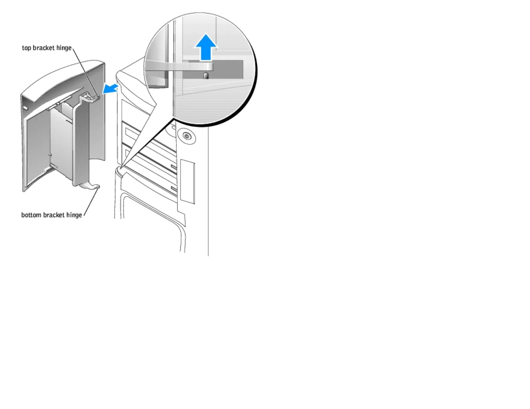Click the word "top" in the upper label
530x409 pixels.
tap(26, 48)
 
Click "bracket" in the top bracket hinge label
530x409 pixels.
tap(44, 48)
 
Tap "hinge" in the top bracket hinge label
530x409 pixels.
tap(64, 48)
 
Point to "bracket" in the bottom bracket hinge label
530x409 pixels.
tap(54, 215)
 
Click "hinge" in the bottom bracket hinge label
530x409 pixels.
tap(74, 215)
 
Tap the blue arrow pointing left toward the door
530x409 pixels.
tap(110, 89)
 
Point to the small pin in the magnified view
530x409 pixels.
tap(206, 76)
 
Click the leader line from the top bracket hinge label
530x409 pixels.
tap(84, 72)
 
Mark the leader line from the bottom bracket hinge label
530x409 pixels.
tap(91, 202)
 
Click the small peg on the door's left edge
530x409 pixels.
tap(25, 108)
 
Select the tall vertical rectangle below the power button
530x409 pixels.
tap(187, 182)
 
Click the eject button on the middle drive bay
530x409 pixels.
tap(173, 166)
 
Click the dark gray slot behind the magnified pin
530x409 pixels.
tap(228, 70)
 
